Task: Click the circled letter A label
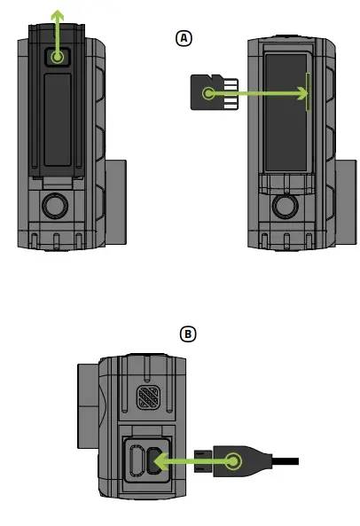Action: (x=184, y=37)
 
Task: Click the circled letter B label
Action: (x=187, y=334)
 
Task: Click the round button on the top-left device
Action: (x=55, y=207)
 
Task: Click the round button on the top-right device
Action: (x=285, y=207)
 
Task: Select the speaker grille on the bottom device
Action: (x=148, y=398)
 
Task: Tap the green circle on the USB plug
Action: (x=233, y=460)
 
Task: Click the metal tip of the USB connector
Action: (x=202, y=460)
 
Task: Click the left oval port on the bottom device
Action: (x=134, y=461)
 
